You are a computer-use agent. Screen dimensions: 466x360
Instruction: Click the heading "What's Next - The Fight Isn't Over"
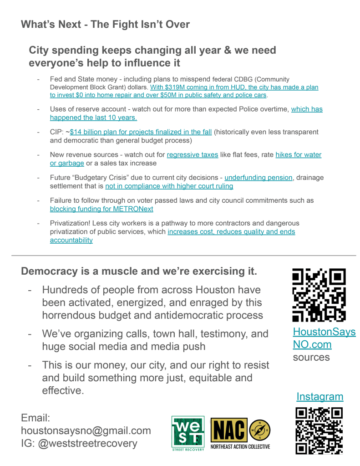coord(105,24)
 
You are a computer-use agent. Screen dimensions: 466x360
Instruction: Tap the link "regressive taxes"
coord(192,155)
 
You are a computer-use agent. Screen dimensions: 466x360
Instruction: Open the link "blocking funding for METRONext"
coord(101,209)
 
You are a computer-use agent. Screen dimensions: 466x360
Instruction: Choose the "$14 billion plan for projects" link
coord(141,132)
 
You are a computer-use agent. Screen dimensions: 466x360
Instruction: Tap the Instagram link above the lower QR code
coord(319,397)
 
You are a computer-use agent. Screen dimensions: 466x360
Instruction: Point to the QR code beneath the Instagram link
coord(319,430)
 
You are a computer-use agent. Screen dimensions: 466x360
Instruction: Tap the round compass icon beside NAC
coord(260,430)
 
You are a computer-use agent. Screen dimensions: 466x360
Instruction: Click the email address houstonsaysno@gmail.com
coord(86,430)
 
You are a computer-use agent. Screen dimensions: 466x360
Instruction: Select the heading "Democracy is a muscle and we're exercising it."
coord(139,271)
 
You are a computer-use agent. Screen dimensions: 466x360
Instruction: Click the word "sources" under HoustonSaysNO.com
coord(311,357)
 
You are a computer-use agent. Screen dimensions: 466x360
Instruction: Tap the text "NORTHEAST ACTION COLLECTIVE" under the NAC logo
coord(240,446)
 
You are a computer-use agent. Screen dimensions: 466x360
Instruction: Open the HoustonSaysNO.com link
coord(324,338)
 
